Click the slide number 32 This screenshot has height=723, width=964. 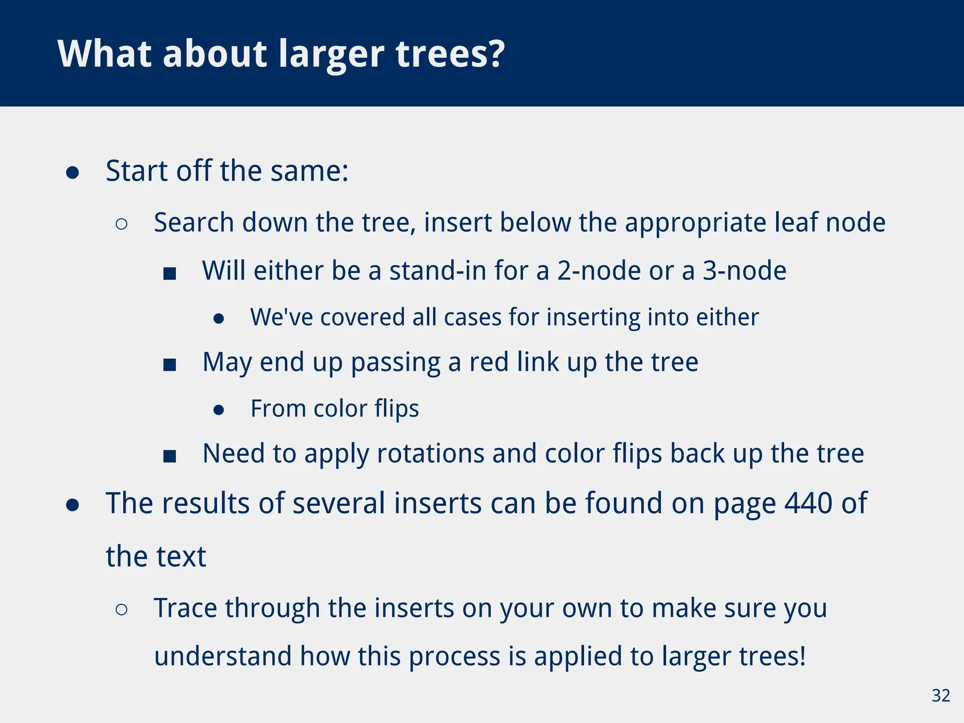click(x=940, y=696)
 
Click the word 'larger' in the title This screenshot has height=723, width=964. click(x=331, y=56)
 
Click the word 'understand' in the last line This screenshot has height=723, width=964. click(x=223, y=656)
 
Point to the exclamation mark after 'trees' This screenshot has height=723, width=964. click(x=802, y=655)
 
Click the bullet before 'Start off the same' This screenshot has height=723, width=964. click(x=72, y=173)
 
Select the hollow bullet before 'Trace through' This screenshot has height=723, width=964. click(x=121, y=610)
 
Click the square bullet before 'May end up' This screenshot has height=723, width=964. click(x=169, y=364)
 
